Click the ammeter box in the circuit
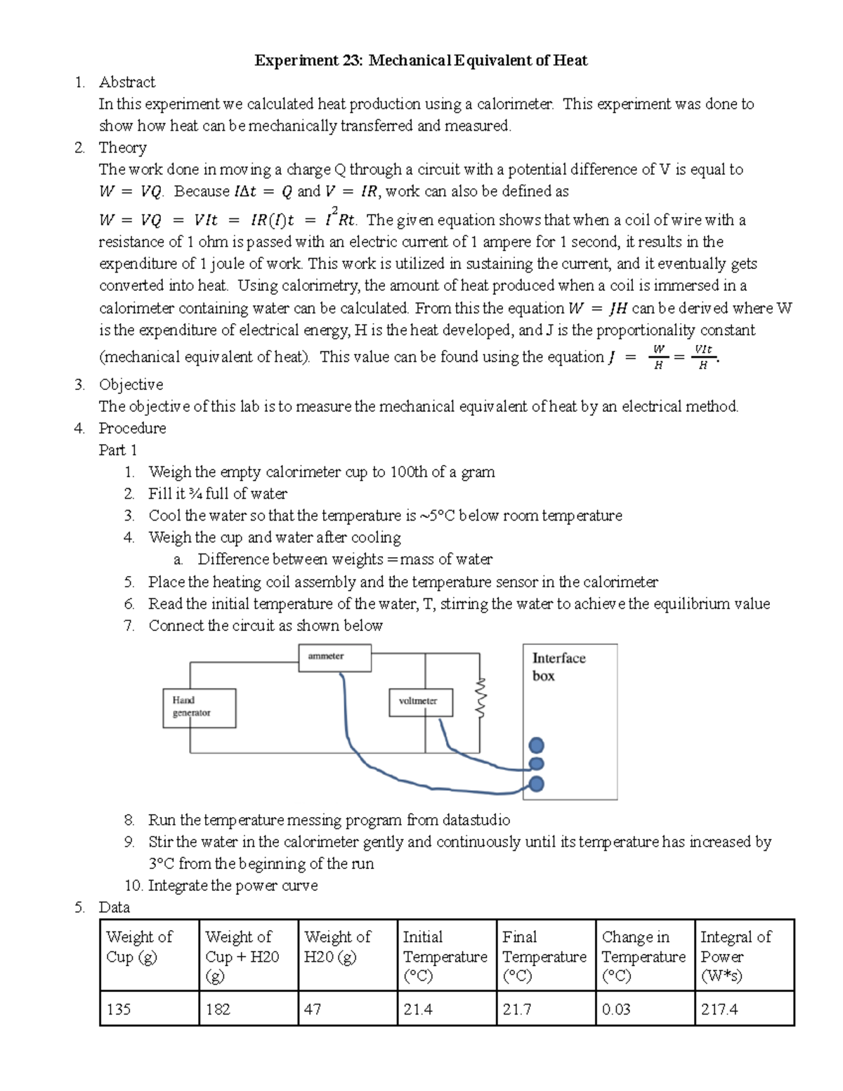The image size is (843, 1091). [334, 658]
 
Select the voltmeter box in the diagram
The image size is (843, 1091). [420, 702]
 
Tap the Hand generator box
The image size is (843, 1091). [199, 707]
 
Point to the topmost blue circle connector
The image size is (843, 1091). [536, 745]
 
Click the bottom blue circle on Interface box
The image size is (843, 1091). [536, 784]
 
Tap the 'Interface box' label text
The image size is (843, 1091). [558, 667]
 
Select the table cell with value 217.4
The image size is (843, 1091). [743, 1009]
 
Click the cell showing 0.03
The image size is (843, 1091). [644, 1009]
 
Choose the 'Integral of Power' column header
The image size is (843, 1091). [743, 955]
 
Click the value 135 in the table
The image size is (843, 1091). [149, 1009]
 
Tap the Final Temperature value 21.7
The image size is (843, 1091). [545, 1009]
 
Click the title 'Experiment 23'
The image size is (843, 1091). [421, 60]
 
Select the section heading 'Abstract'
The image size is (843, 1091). [127, 82]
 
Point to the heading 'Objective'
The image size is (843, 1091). [131, 384]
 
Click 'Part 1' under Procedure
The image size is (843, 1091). [118, 450]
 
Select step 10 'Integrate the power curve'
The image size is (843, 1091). [221, 885]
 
